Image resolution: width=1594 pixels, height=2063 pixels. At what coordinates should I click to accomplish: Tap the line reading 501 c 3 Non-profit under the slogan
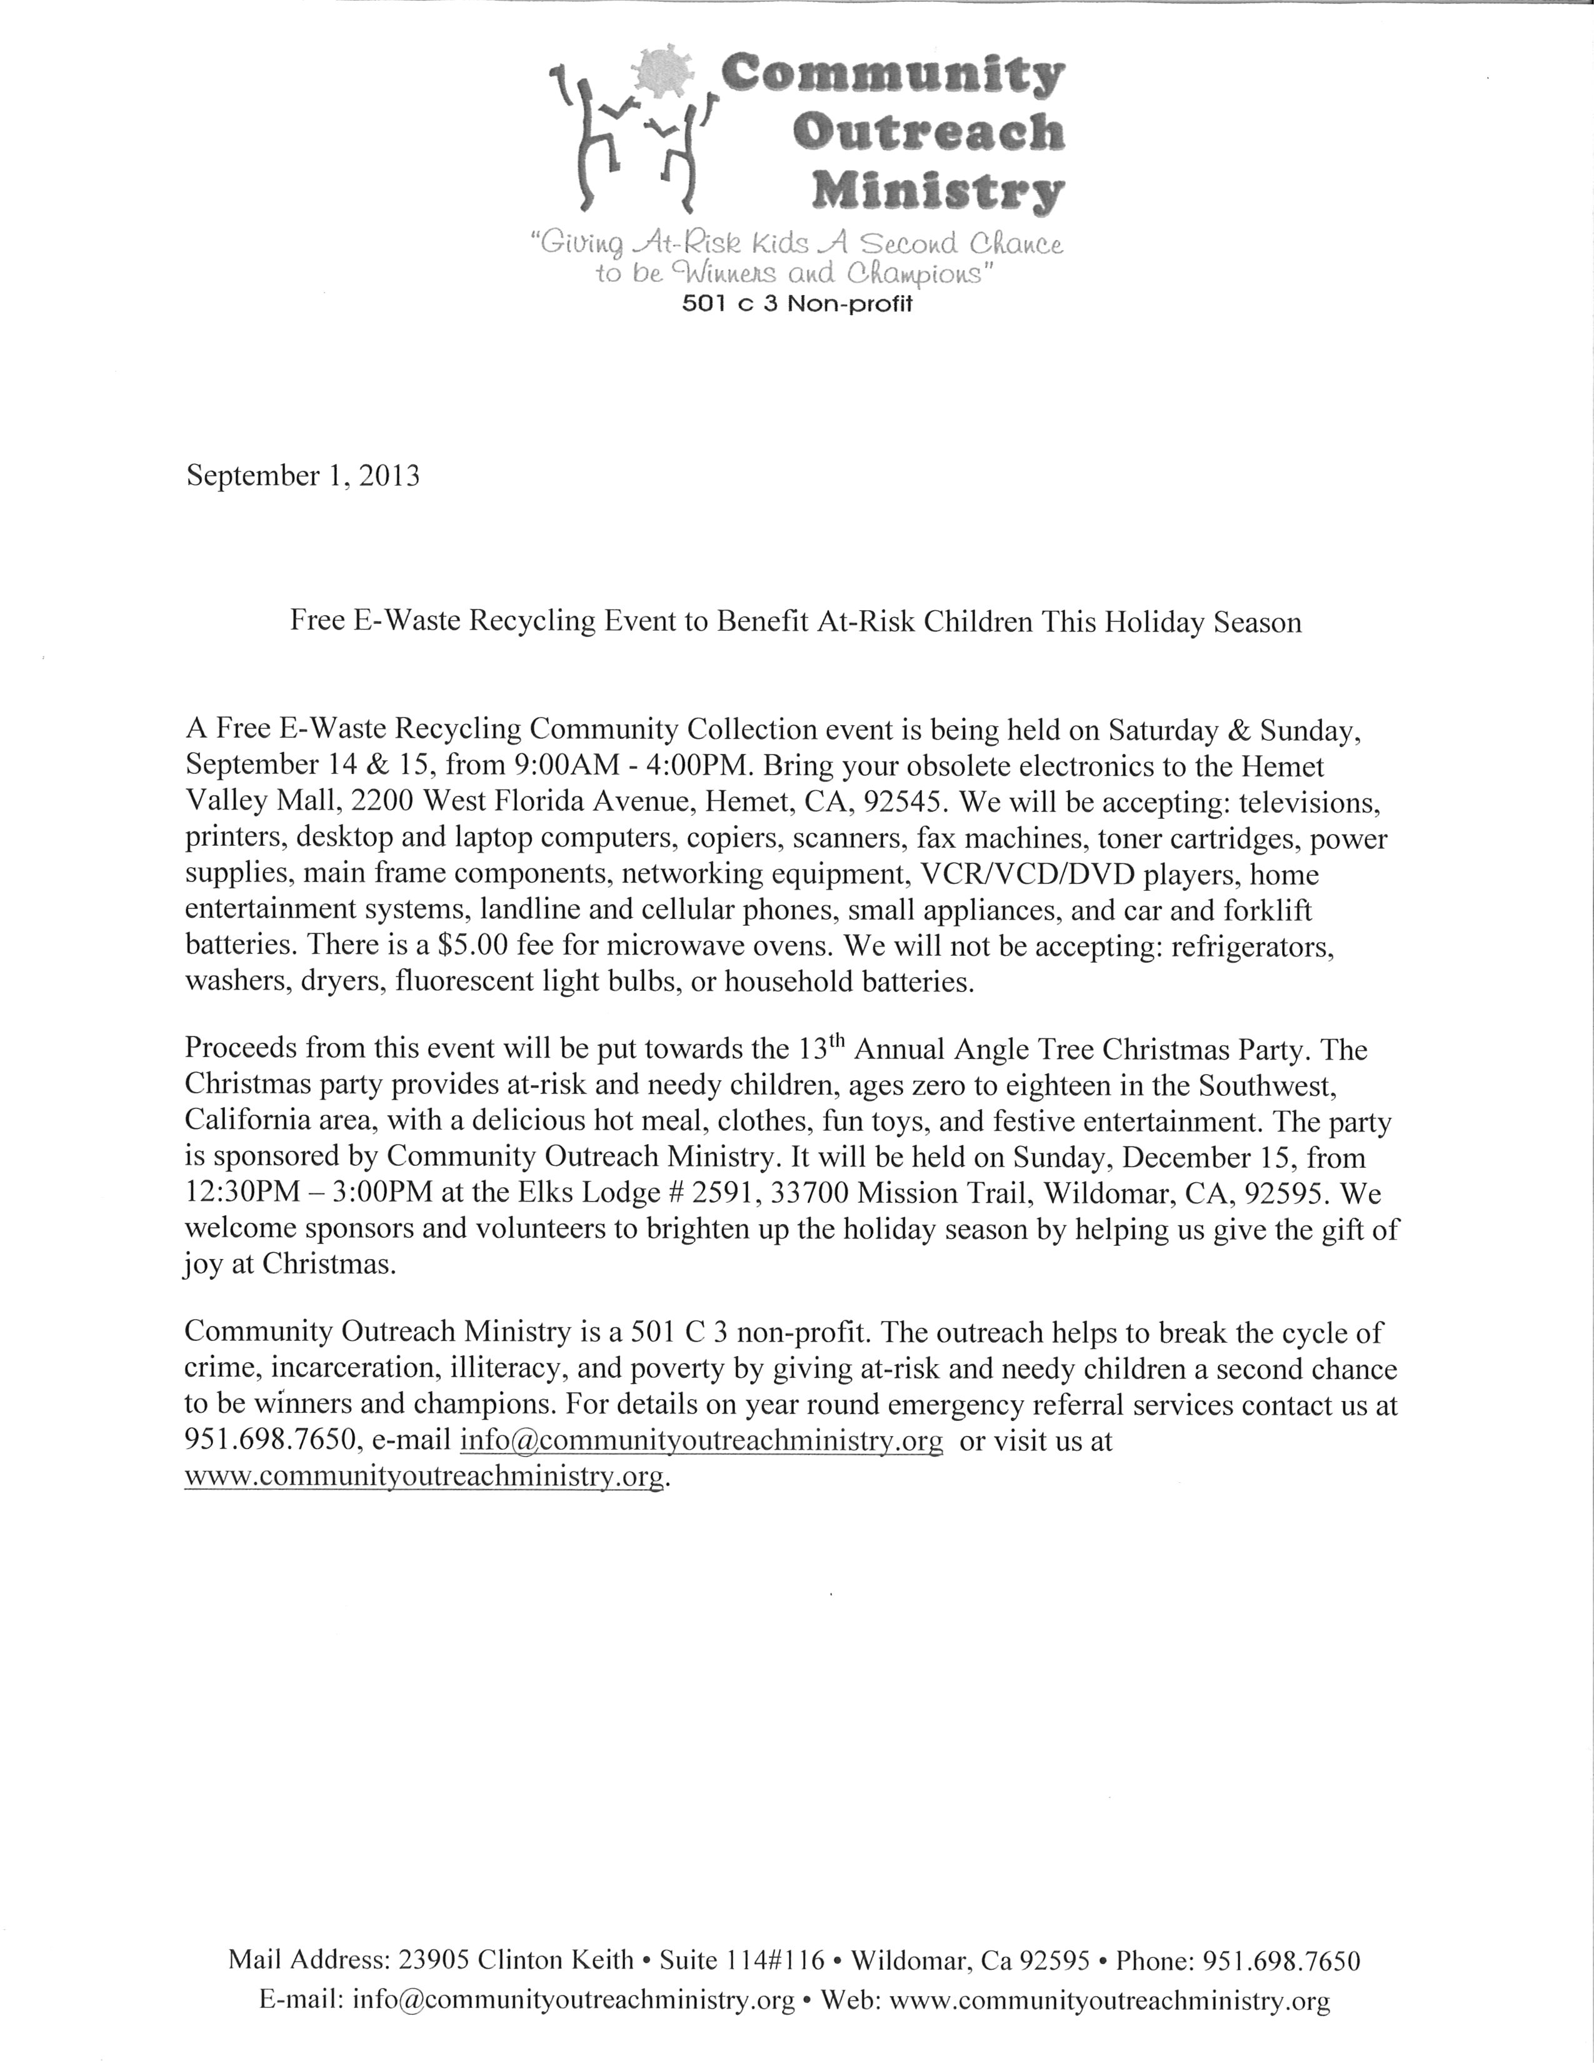pyautogui.click(x=797, y=304)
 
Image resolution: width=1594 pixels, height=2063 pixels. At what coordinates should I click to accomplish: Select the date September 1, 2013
pyautogui.click(x=302, y=475)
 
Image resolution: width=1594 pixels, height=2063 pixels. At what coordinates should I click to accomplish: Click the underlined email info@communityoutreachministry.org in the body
pyautogui.click(x=701, y=1442)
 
